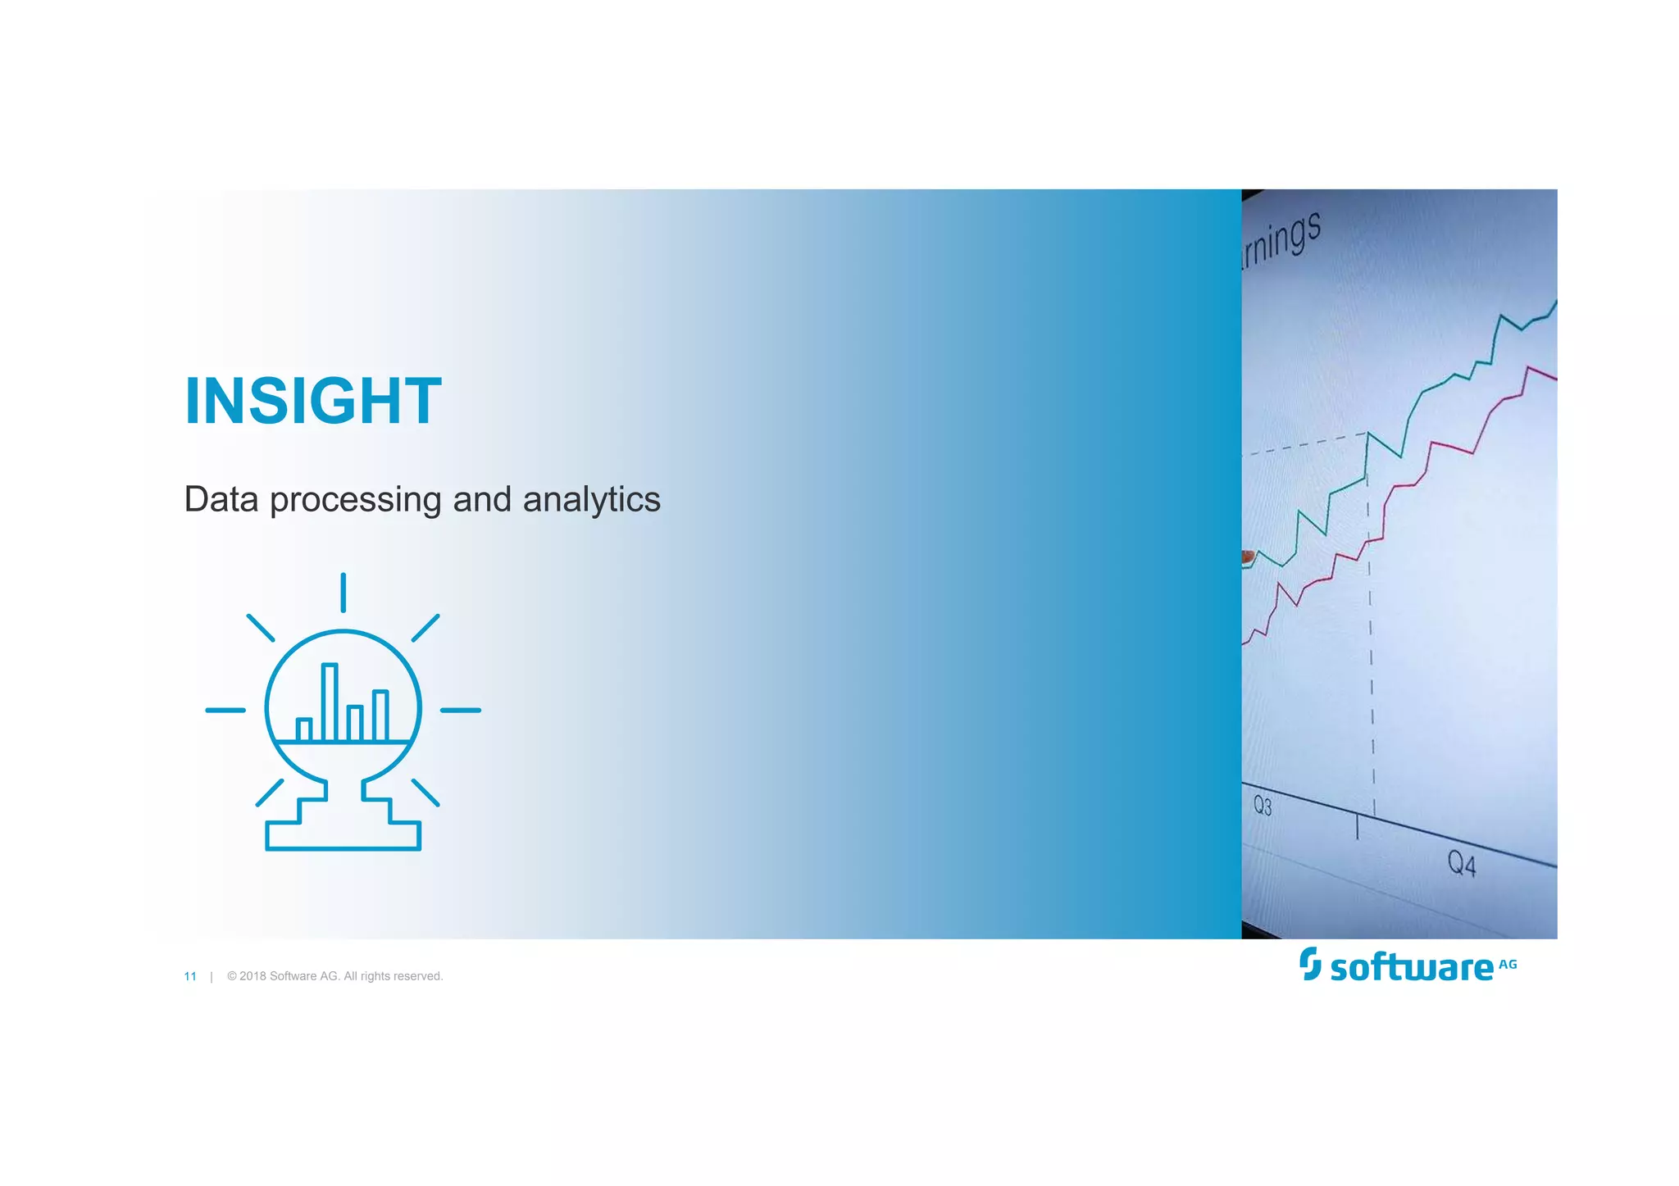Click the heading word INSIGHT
[x=313, y=402]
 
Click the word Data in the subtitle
[x=221, y=499]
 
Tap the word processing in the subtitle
[x=356, y=501]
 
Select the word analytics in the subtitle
[x=591, y=501]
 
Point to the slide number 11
[x=190, y=976]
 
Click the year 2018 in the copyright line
[x=253, y=976]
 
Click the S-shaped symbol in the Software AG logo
[x=1310, y=964]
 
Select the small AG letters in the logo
[x=1508, y=965]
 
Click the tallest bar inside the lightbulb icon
[x=330, y=702]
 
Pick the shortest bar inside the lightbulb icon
[x=304, y=729]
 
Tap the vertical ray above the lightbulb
[x=343, y=593]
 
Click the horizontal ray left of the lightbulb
[x=225, y=710]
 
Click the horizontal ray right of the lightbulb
[x=461, y=710]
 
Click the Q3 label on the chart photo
[x=1263, y=806]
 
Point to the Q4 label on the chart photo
[x=1461, y=864]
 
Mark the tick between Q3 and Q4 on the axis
[x=1357, y=827]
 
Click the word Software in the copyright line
[x=292, y=976]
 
